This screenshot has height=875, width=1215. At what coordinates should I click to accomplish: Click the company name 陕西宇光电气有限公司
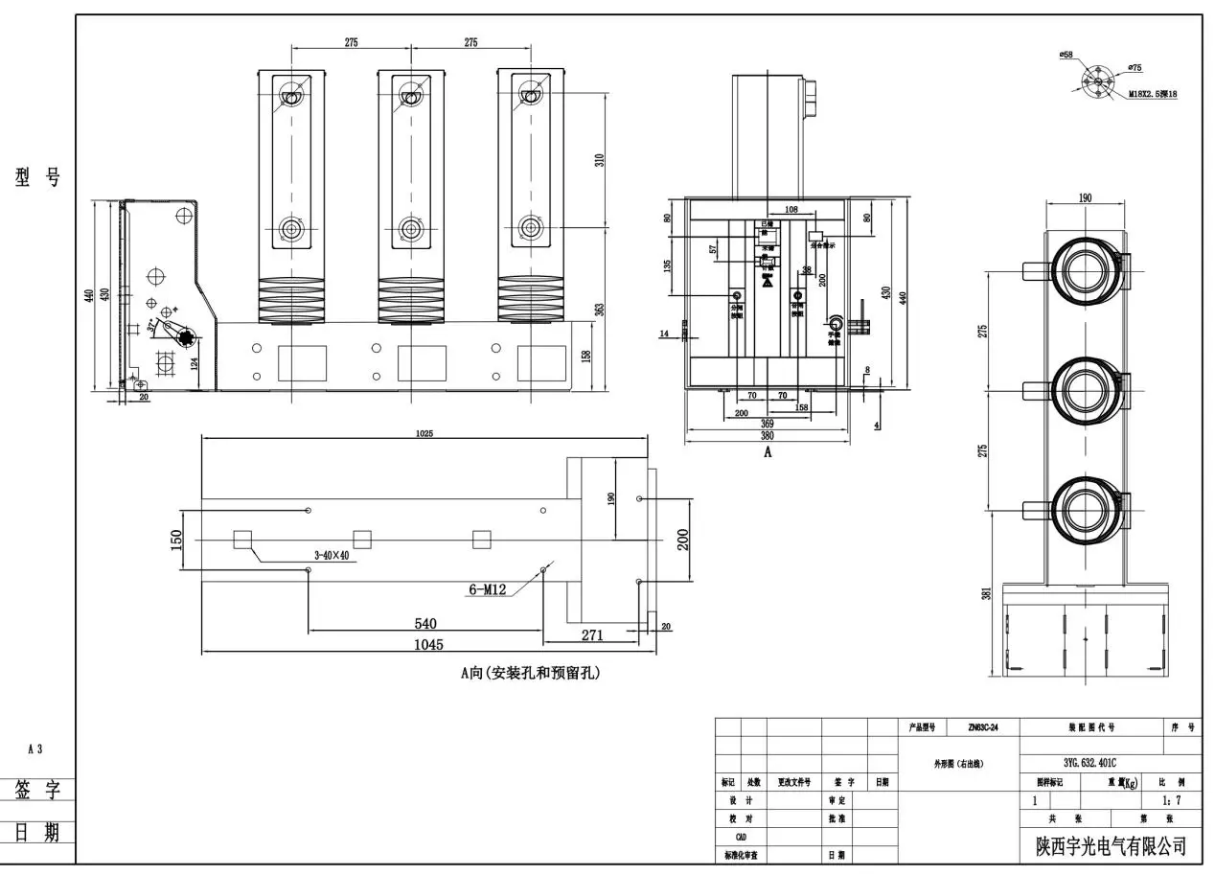(1111, 846)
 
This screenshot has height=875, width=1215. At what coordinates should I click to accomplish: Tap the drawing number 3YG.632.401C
(1089, 764)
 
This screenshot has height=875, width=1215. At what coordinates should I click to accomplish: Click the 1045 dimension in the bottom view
(427, 645)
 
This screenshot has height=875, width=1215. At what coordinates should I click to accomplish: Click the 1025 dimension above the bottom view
(424, 433)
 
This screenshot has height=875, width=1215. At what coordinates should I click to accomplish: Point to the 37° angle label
(153, 327)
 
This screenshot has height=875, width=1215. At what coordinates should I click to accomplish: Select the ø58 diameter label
(1066, 56)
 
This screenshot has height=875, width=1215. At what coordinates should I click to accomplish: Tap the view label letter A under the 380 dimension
(767, 453)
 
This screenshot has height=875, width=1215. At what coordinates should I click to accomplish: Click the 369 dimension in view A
(767, 423)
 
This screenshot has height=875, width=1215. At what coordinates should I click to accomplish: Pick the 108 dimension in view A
(791, 208)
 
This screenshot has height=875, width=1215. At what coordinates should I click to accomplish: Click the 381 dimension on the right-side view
(988, 594)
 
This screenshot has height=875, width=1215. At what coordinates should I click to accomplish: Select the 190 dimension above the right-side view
(1085, 198)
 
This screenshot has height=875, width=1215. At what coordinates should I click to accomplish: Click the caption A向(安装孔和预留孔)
(530, 674)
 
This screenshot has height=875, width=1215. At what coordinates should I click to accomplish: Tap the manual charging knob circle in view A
(836, 323)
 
